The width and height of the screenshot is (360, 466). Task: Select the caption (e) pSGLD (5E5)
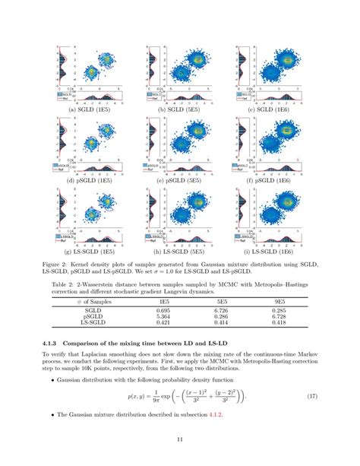click(179, 182)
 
